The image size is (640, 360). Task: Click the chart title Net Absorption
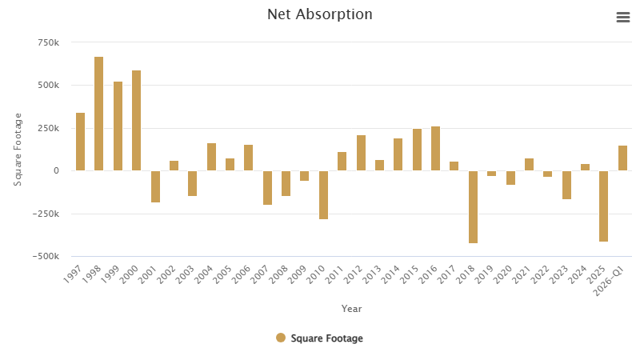click(320, 14)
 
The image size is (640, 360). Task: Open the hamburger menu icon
click(623, 18)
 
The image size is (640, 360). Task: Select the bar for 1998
click(99, 114)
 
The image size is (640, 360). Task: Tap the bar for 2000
click(137, 120)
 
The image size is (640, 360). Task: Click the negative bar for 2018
click(473, 206)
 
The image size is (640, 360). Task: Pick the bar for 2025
click(603, 206)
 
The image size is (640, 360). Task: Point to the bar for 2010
click(323, 194)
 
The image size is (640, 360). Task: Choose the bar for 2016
click(435, 148)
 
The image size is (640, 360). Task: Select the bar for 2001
click(155, 186)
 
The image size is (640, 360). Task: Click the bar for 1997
click(80, 142)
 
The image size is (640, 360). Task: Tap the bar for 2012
click(361, 153)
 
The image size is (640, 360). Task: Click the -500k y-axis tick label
click(46, 257)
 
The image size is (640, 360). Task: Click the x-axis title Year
click(351, 309)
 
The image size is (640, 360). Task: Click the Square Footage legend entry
click(320, 338)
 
